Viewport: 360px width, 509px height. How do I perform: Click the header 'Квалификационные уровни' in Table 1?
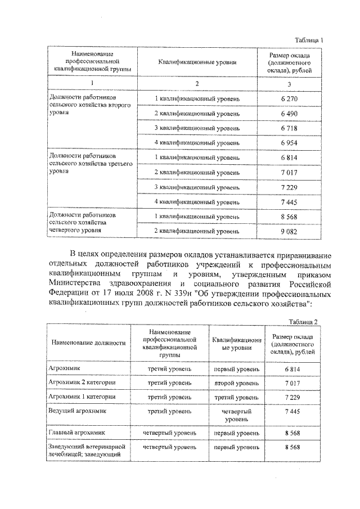(x=197, y=63)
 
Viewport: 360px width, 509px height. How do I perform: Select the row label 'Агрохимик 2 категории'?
(x=83, y=382)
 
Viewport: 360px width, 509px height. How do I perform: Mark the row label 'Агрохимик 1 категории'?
(x=83, y=397)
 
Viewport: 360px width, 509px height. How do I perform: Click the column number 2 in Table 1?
(x=197, y=84)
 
